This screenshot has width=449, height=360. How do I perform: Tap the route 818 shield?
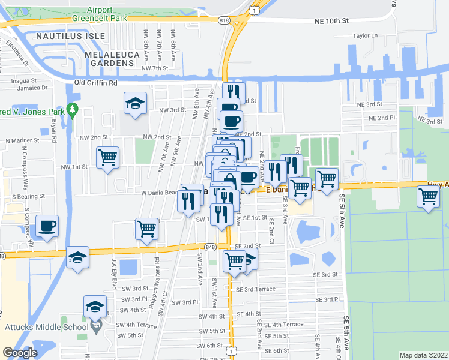click(224, 20)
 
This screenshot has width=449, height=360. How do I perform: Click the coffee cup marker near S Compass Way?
click(47, 226)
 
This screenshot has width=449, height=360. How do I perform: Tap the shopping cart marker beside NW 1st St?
click(107, 158)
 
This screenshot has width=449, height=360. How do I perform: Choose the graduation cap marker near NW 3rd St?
click(135, 103)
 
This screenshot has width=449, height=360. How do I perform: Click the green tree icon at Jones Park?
click(73, 110)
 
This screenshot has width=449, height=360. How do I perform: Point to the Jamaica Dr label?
click(32, 88)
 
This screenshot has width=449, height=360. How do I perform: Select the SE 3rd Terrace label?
click(256, 289)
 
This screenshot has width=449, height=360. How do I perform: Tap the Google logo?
click(20, 353)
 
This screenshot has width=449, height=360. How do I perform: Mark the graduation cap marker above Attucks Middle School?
click(95, 307)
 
